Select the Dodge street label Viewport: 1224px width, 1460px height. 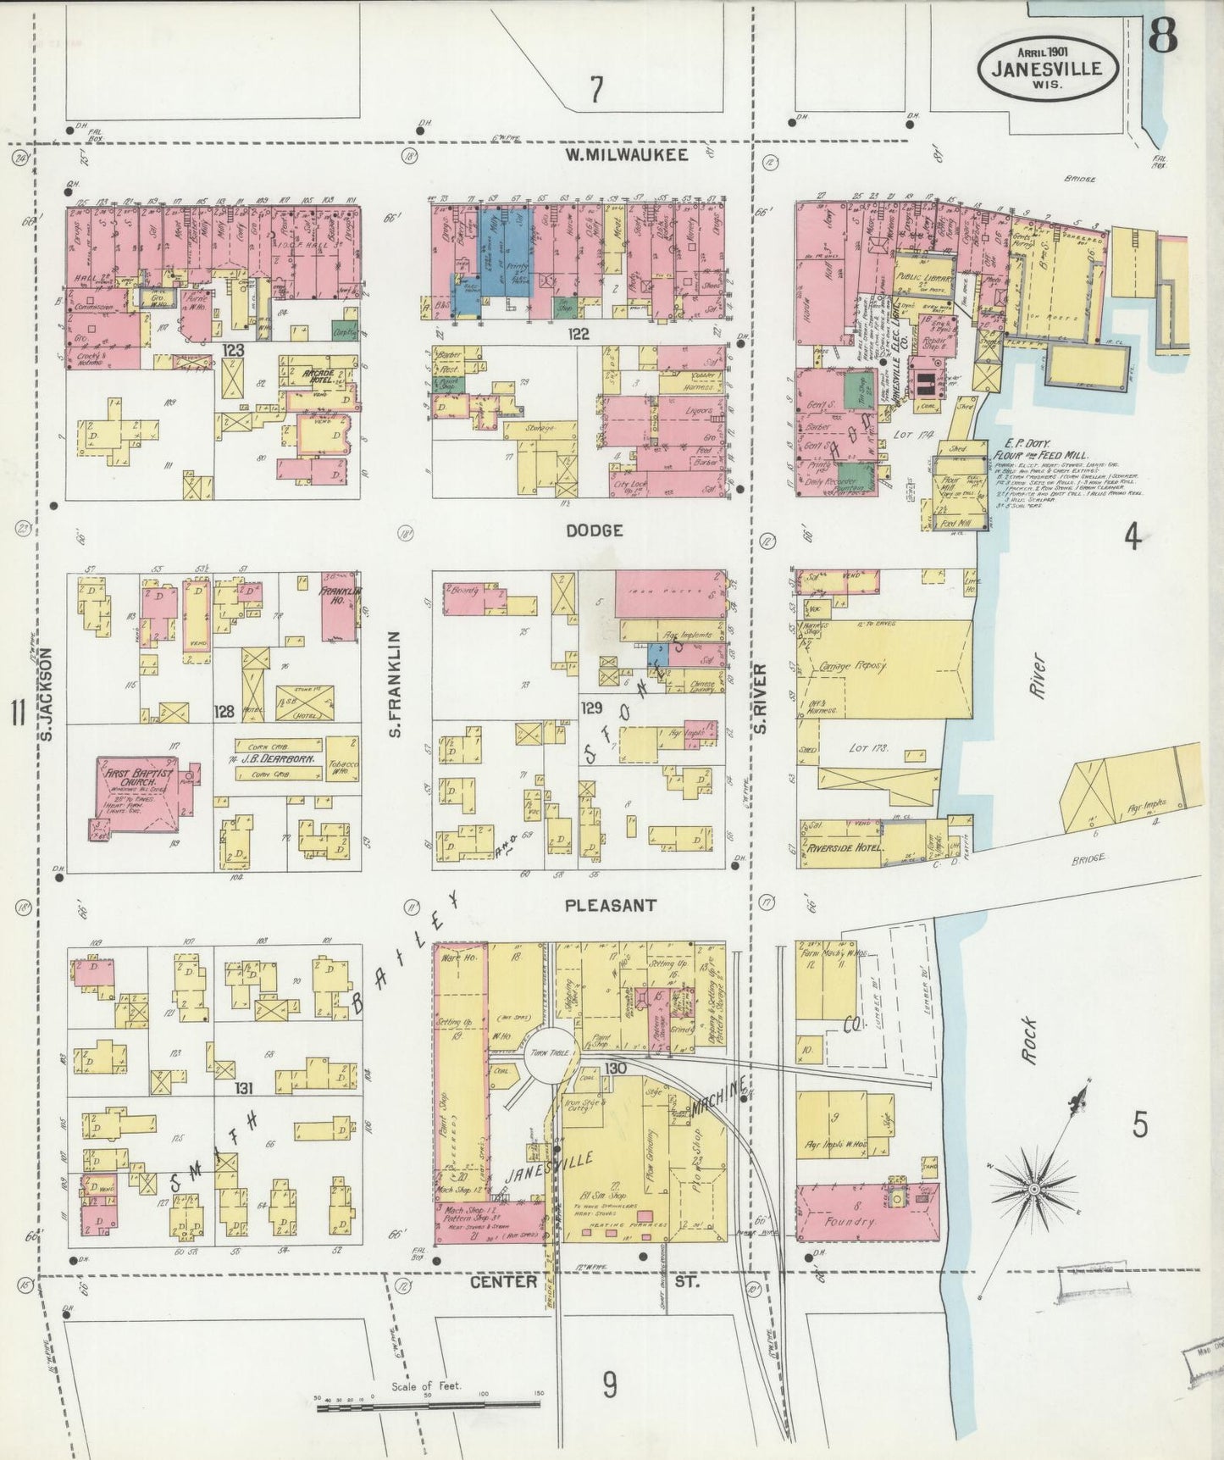(x=595, y=530)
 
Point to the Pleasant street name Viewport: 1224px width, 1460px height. (x=610, y=905)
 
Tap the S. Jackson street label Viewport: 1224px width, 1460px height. (x=46, y=693)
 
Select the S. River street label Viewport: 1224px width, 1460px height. (x=760, y=698)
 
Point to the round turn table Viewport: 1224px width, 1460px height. (x=547, y=1052)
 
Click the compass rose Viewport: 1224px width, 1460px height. (x=1033, y=1189)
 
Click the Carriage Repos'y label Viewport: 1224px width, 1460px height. (x=852, y=666)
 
